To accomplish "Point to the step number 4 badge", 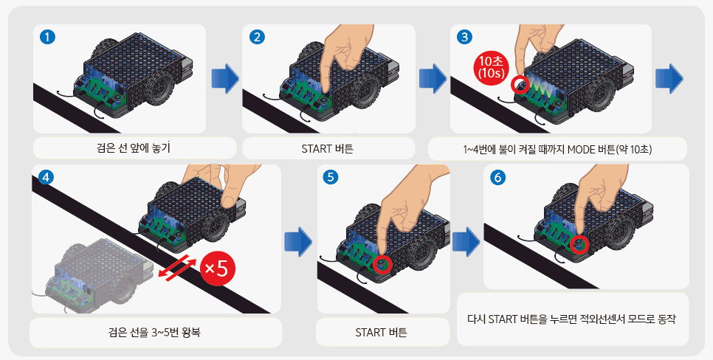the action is click(45, 178).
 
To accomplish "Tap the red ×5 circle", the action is click(218, 269).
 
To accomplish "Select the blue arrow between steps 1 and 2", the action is click(225, 79).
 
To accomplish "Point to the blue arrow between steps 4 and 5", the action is click(298, 241).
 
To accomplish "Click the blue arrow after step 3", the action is click(669, 79).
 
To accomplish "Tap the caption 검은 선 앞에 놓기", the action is click(134, 148).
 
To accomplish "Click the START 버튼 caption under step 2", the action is click(328, 148).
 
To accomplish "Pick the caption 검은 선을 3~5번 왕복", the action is click(154, 332).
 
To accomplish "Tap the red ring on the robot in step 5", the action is click(382, 263).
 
